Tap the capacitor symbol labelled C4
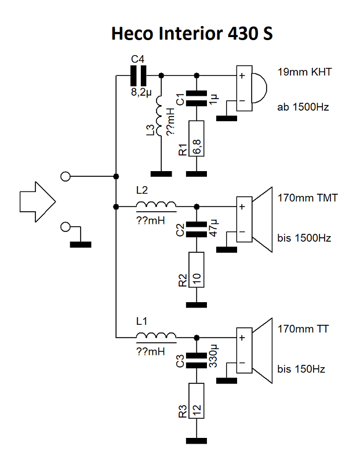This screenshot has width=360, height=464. (x=139, y=75)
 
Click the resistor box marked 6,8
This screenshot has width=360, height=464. (x=198, y=137)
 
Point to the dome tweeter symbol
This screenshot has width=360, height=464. (x=252, y=90)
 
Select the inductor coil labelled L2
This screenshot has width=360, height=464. (x=157, y=205)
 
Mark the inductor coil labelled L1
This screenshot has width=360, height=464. (x=157, y=336)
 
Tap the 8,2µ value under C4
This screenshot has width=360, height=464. (x=141, y=92)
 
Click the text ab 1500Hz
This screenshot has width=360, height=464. (x=302, y=107)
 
